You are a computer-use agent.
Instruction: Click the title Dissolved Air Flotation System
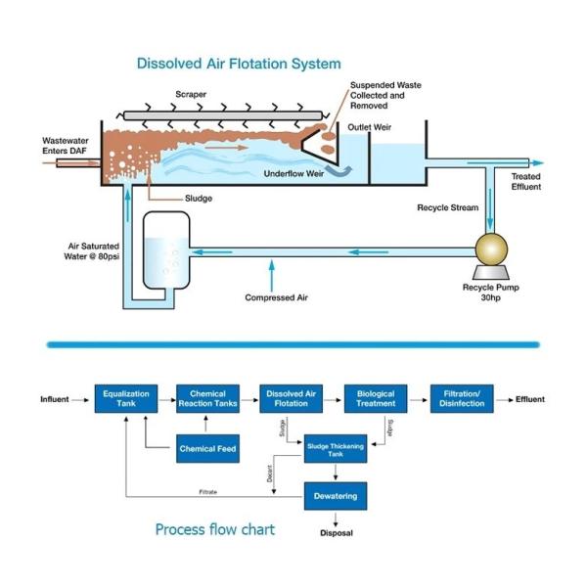click(x=239, y=64)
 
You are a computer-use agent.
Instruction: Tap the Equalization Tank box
click(x=125, y=399)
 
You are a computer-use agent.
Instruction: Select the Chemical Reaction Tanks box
click(x=207, y=399)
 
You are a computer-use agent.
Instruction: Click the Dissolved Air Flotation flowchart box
click(x=292, y=399)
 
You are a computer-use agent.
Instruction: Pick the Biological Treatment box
click(x=375, y=399)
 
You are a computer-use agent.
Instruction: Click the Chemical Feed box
click(x=207, y=449)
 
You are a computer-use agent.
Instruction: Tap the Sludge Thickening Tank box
click(x=337, y=448)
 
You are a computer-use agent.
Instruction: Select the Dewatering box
click(x=337, y=496)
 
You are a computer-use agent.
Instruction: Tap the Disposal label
click(x=337, y=533)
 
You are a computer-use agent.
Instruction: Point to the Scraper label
click(x=191, y=95)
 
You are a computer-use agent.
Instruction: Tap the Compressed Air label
click(x=270, y=297)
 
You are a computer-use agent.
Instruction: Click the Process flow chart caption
click(x=215, y=529)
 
